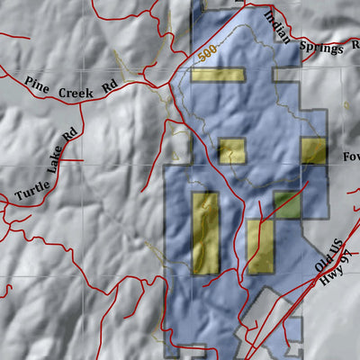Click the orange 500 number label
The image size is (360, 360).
(x=206, y=55)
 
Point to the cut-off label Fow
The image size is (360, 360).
(x=350, y=157)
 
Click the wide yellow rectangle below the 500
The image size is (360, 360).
(x=217, y=74)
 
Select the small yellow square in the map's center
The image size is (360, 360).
(x=231, y=150)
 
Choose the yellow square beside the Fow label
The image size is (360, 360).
(x=313, y=150)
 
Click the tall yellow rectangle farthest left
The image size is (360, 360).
(x=204, y=232)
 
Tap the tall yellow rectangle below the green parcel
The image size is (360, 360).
(x=260, y=246)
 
